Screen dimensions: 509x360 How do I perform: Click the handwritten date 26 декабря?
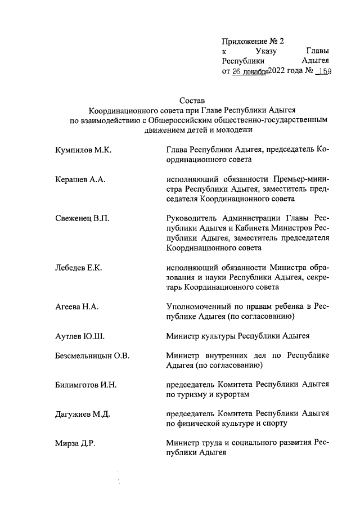pos(249,71)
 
